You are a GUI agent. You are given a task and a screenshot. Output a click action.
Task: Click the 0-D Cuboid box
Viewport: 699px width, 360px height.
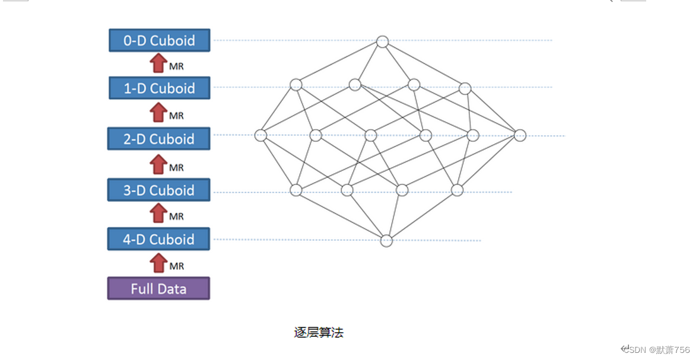coord(159,40)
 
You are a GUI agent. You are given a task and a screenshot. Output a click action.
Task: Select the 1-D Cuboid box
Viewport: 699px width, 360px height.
coord(159,88)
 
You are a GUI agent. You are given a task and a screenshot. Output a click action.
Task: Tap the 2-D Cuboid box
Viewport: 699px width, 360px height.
coord(158,139)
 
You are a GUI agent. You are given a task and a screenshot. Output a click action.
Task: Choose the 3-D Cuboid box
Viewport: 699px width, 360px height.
coord(158,190)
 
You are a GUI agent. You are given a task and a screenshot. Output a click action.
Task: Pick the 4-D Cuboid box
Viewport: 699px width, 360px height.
coord(158,239)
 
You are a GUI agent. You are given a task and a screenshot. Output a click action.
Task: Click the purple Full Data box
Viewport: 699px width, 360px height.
coord(158,289)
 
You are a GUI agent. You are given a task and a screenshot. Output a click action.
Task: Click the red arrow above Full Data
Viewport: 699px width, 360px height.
coord(158,263)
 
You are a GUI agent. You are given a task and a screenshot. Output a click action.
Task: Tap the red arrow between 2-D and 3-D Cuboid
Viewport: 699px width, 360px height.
coord(158,164)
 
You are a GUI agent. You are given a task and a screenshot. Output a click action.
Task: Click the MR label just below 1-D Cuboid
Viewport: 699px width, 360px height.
coord(176,116)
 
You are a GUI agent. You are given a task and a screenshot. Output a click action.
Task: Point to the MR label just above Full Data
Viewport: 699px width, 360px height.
coord(176,266)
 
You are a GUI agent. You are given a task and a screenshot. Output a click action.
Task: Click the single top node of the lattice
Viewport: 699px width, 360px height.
coord(383,42)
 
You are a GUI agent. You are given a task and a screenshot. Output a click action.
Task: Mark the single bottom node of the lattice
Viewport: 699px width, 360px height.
coord(386,241)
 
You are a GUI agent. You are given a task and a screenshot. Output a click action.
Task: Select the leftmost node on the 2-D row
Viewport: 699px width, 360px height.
coord(260,135)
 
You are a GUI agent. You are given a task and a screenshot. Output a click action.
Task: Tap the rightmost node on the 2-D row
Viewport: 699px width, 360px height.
coord(520,135)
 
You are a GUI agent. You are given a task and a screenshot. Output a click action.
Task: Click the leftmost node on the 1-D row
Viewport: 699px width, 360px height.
coord(296,85)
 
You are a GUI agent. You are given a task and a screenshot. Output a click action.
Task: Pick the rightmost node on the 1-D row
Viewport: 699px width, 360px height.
coord(465,88)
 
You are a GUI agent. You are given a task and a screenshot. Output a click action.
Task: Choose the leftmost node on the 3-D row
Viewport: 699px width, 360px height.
coord(296,190)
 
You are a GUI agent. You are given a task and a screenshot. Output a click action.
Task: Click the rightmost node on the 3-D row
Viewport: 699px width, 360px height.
coord(457,190)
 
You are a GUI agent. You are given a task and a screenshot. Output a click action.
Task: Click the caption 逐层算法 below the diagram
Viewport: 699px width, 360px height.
coord(319,332)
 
